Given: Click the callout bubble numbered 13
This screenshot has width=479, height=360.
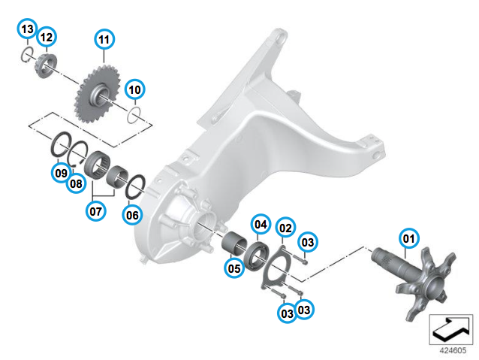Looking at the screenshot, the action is [27, 29].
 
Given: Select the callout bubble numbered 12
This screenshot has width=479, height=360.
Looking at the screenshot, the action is [47, 37].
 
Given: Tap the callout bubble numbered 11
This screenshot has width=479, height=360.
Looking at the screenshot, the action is [104, 39].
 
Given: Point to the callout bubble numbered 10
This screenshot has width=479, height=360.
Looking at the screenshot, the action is [134, 89].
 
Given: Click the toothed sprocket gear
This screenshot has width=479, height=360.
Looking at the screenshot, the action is [97, 93].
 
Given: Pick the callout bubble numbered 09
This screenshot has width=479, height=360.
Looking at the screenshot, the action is [61, 173].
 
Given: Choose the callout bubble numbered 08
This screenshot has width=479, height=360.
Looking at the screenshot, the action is [76, 183].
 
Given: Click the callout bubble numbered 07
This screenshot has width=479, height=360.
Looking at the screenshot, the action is [96, 211].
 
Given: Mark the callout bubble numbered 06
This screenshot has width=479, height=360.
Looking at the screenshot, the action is [132, 215].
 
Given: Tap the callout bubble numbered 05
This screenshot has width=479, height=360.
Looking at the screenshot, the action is [234, 268].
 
